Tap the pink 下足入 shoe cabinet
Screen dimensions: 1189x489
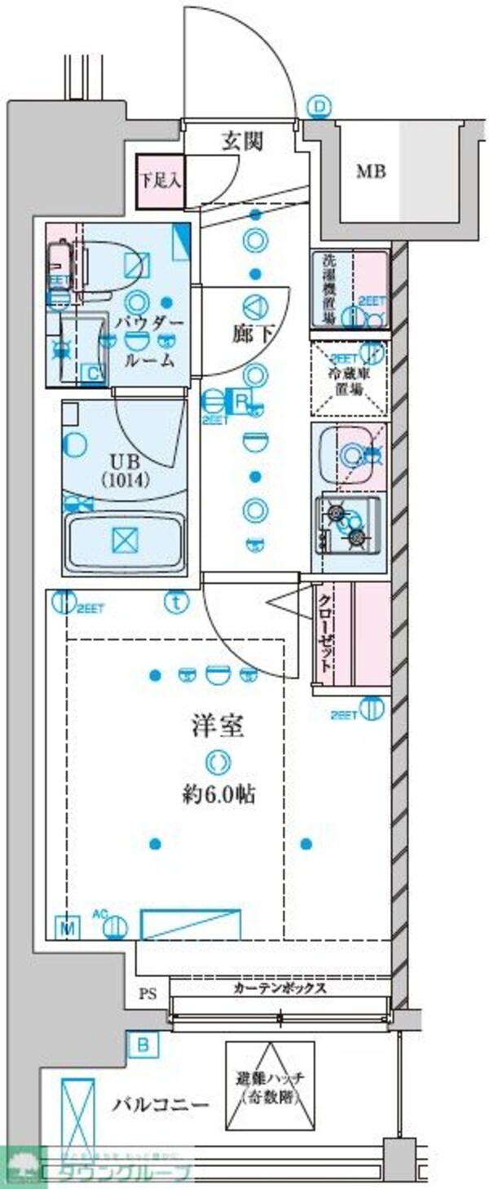pos(159,181)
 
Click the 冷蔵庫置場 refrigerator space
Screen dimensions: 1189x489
pos(349,380)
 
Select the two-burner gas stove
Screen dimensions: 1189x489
pos(347,523)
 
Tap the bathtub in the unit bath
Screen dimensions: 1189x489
pos(127,541)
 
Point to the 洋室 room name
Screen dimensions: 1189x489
pos(218,725)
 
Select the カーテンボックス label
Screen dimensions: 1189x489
pos(280,988)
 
